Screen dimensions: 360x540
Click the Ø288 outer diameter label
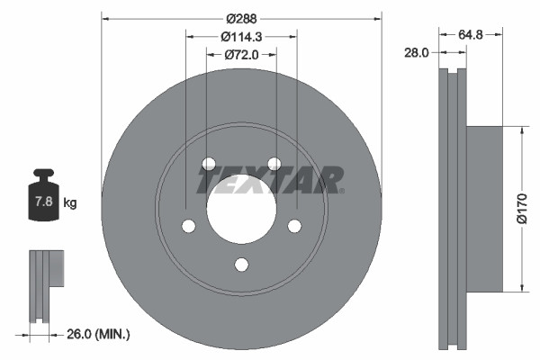(x=241, y=18)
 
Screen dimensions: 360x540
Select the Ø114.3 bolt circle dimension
(x=241, y=37)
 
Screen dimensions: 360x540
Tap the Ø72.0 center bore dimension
(x=241, y=56)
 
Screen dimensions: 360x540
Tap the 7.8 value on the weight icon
(x=42, y=202)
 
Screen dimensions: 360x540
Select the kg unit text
(x=70, y=203)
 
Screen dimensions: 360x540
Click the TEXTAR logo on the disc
(x=270, y=180)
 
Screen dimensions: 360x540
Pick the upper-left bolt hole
(x=208, y=164)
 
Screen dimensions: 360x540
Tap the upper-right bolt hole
(x=275, y=164)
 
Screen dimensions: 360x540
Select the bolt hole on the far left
(x=187, y=226)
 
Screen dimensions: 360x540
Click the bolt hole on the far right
(x=295, y=226)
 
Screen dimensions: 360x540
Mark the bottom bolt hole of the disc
(x=241, y=265)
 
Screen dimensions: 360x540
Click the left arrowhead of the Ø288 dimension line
(x=104, y=18)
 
